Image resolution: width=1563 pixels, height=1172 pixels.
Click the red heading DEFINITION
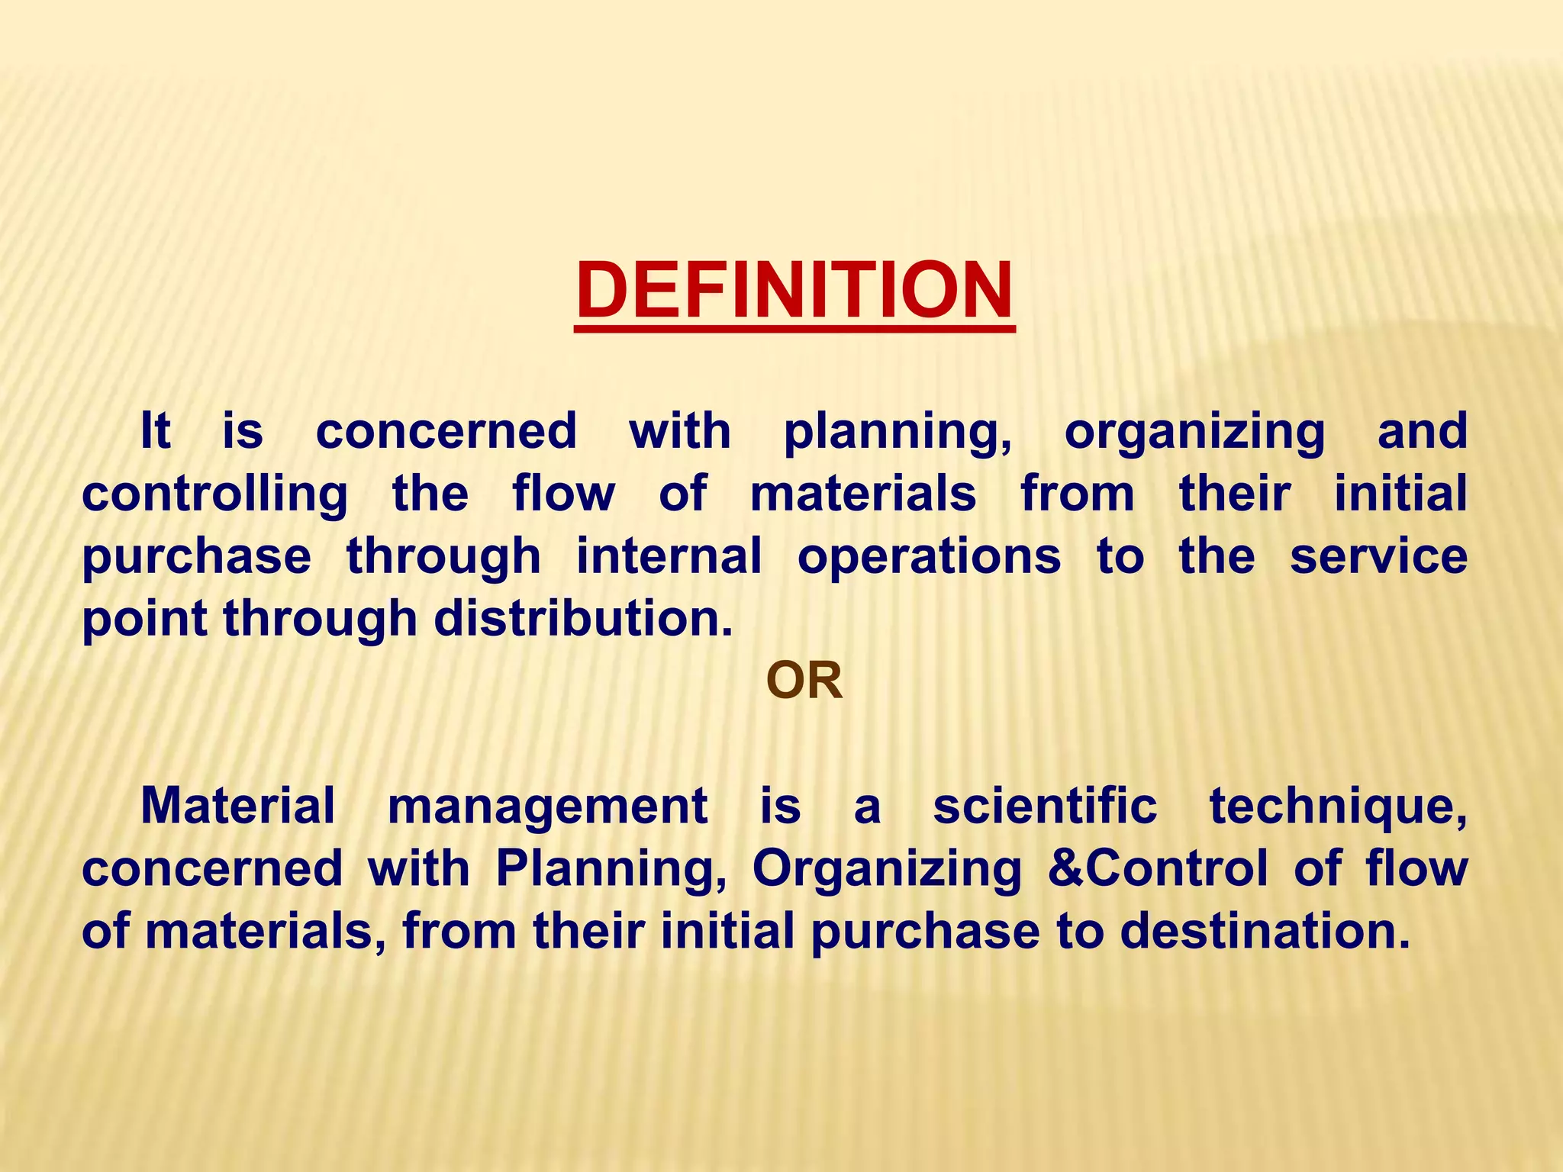(x=794, y=291)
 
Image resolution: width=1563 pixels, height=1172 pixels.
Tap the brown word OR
(x=804, y=681)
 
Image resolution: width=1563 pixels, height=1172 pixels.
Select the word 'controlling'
(x=214, y=494)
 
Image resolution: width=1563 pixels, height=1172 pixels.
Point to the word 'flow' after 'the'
(x=563, y=493)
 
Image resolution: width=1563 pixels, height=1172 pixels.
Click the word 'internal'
(x=669, y=555)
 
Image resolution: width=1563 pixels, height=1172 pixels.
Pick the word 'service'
(x=1378, y=555)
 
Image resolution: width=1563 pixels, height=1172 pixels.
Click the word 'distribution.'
(x=584, y=617)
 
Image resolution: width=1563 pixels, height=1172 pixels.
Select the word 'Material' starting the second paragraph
(x=238, y=806)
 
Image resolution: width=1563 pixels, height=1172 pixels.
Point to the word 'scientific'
(x=1045, y=806)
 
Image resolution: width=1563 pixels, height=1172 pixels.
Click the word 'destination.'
(x=1265, y=931)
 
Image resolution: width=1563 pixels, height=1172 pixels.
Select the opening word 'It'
(x=155, y=431)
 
